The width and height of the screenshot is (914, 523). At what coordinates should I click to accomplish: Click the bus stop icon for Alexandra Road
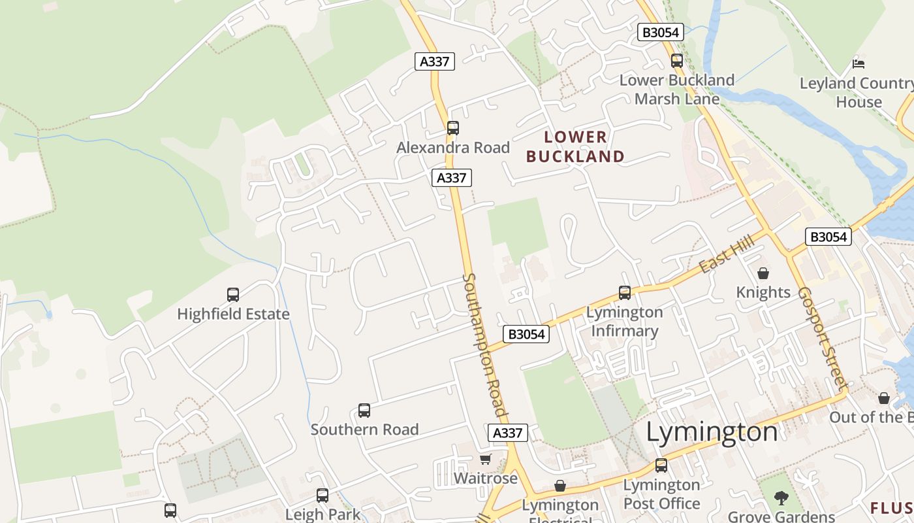453,128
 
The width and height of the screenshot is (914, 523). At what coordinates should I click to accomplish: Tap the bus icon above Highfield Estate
233,295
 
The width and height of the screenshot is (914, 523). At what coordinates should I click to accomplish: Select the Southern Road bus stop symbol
364,411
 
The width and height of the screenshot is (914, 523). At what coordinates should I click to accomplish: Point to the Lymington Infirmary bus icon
625,293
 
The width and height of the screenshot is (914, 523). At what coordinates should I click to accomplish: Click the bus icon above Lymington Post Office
661,465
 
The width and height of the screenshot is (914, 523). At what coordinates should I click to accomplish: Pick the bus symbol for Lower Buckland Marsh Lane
677,61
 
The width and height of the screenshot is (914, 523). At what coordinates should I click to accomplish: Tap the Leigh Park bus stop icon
323,496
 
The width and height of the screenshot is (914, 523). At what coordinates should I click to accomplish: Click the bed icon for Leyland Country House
859,64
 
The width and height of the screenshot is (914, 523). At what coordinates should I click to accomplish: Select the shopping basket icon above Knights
763,273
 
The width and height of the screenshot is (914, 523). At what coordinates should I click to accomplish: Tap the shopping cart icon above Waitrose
485,460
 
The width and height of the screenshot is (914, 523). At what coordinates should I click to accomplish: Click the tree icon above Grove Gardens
781,498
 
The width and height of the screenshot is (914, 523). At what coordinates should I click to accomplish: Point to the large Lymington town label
712,432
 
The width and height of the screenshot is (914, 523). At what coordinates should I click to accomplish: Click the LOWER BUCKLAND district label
575,147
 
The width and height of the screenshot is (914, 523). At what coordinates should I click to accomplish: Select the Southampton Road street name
484,344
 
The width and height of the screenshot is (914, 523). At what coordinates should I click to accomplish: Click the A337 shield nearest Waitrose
507,433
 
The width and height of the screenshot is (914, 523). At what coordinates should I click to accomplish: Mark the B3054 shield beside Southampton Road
526,334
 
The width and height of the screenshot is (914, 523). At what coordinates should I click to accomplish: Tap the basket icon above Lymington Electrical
559,486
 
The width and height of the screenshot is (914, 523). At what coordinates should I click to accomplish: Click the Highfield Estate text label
233,314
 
